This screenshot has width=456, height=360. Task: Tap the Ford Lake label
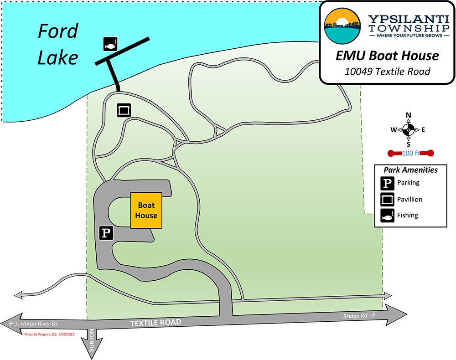[x=57, y=45]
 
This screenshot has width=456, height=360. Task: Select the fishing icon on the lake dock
[x=110, y=44]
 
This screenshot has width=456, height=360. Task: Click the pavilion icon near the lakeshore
[x=124, y=110]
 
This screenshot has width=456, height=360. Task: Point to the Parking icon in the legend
[x=387, y=183]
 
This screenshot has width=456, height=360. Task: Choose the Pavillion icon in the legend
[x=387, y=200]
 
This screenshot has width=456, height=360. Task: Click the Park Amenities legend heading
[x=410, y=170]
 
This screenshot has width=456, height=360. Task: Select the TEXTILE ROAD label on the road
[x=155, y=323]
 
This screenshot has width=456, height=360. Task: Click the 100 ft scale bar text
[x=410, y=153]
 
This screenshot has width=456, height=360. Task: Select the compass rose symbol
[x=409, y=130]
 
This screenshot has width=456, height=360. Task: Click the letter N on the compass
[x=409, y=115]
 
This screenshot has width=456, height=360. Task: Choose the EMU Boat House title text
[x=387, y=56]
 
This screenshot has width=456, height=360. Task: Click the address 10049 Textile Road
[x=387, y=71]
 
